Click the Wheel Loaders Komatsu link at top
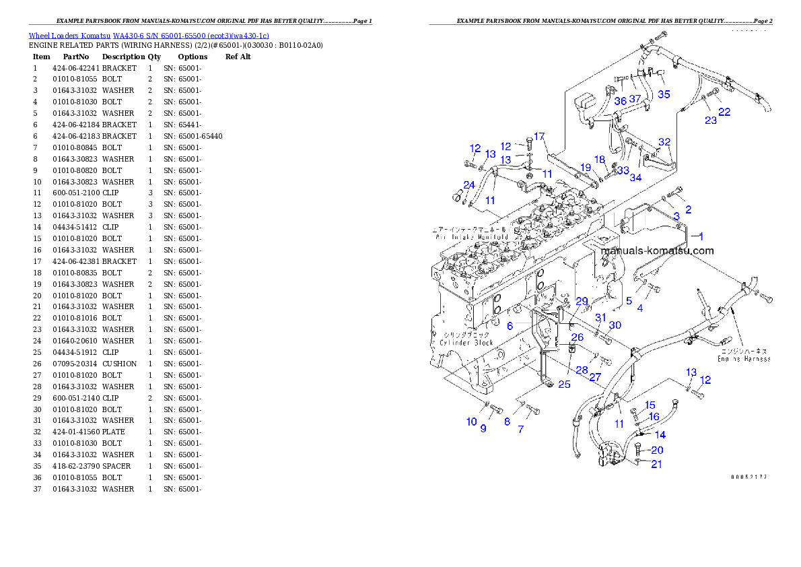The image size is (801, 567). click(149, 36)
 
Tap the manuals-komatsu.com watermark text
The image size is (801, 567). click(656, 251)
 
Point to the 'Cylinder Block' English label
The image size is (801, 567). click(466, 343)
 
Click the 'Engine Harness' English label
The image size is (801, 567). click(744, 359)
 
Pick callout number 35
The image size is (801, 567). click(664, 94)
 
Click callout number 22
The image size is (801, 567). click(724, 112)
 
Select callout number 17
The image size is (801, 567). click(538, 137)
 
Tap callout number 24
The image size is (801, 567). click(469, 185)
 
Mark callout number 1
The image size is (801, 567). click(700, 236)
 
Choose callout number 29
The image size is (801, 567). click(582, 301)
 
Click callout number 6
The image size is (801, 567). click(510, 325)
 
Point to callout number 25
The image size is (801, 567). click(564, 384)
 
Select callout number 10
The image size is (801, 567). click(471, 422)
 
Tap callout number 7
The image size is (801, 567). click(520, 429)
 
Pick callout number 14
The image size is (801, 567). click(660, 435)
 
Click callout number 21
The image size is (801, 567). click(656, 464)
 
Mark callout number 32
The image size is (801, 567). click(664, 142)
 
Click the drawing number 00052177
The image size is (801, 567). click(748, 477)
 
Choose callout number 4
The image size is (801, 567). click(639, 308)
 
